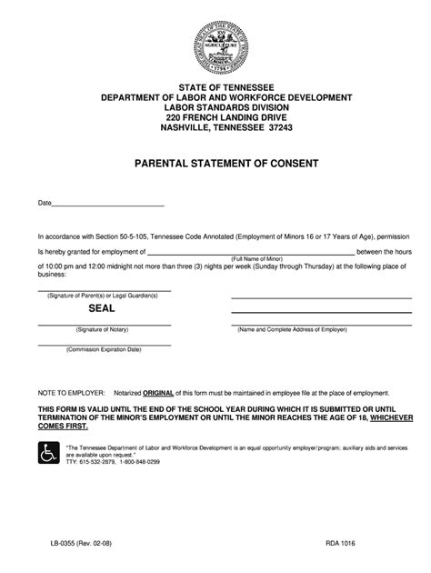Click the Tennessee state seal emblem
coord(215,43)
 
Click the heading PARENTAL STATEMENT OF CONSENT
coord(215,164)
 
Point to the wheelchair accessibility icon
coord(48,452)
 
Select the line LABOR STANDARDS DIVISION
coord(215,106)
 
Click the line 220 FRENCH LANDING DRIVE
coord(215,116)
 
